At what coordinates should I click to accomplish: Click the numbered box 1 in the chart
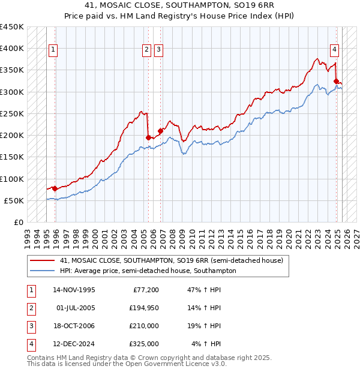pos(53,50)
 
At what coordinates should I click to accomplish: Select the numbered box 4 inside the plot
pos(334,50)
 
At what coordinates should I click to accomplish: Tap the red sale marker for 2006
pos(160,131)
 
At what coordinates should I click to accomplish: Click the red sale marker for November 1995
pos(55,188)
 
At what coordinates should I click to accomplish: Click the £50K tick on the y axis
pos(14,200)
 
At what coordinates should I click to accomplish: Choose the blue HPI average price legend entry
pos(148,271)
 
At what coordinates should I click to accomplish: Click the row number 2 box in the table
pos(29,308)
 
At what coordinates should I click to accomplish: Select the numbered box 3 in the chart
pos(158,50)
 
